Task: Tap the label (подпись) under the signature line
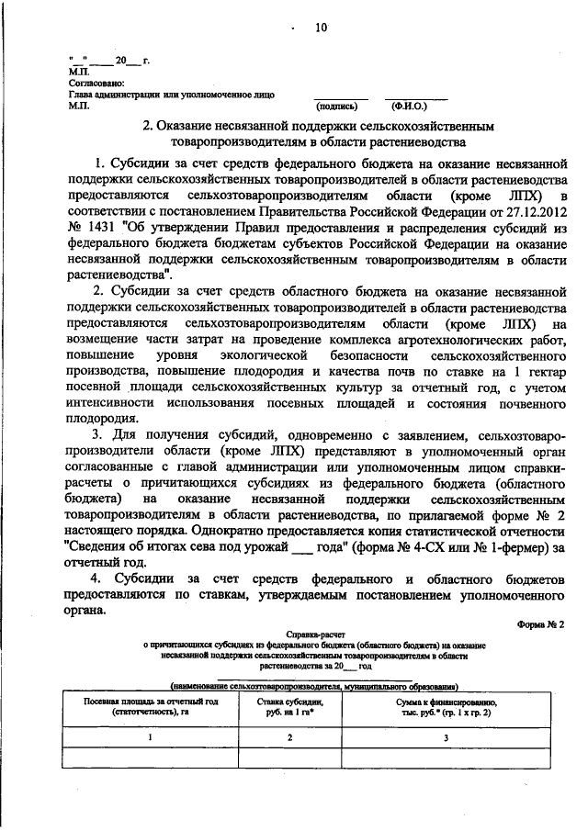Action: point(339,106)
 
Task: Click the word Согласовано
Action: point(94,82)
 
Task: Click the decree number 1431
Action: point(100,228)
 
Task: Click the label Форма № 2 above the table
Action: point(542,623)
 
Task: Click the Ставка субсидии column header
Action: point(290,704)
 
